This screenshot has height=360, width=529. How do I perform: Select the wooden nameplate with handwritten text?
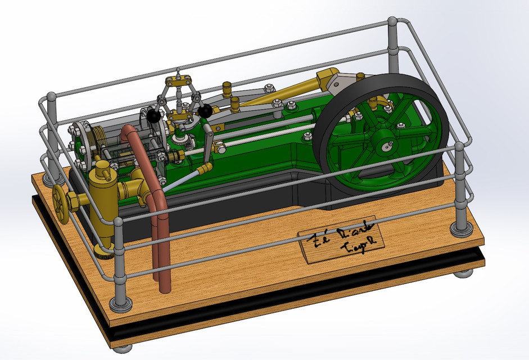[341, 241]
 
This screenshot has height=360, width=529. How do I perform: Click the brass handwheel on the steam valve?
[60, 200]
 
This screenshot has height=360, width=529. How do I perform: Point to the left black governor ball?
[154, 116]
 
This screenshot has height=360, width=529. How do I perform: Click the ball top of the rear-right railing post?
[392, 22]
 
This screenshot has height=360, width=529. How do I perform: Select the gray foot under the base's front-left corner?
[122, 348]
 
